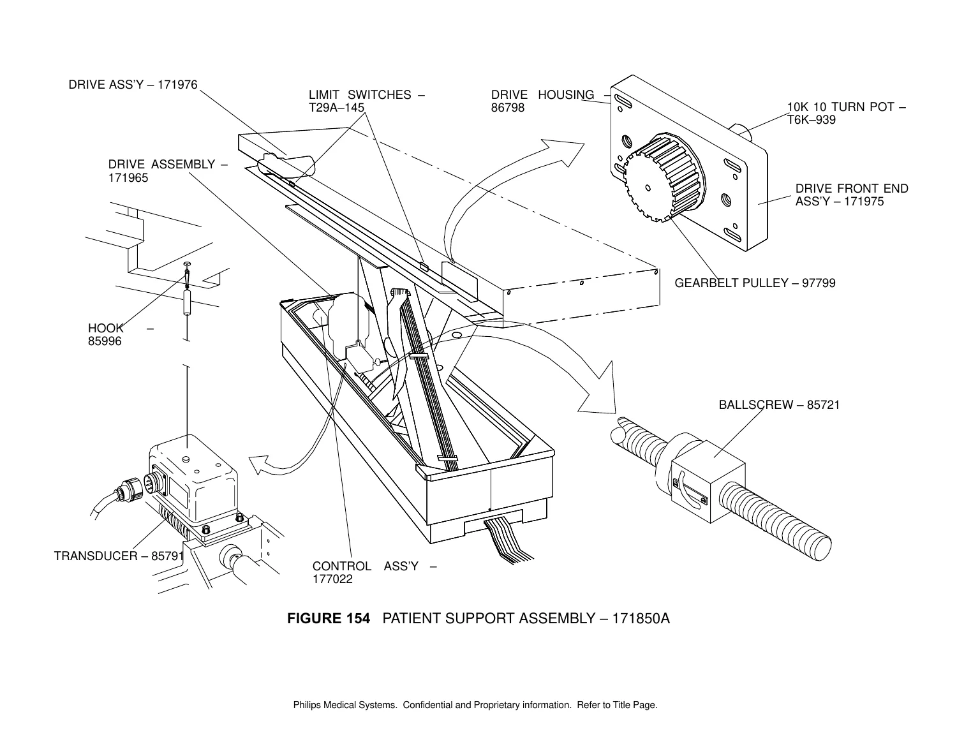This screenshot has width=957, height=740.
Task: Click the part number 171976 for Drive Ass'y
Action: tap(177, 84)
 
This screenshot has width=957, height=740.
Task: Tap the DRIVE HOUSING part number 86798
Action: tap(508, 108)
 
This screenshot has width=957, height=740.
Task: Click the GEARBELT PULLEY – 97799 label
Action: tap(755, 283)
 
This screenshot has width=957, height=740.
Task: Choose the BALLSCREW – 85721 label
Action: tap(779, 404)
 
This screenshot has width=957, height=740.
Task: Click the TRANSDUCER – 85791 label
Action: tap(119, 556)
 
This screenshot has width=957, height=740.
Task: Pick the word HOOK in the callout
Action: tap(106, 329)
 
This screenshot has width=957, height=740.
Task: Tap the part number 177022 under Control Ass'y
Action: tap(332, 579)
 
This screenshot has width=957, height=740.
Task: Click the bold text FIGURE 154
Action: tap(329, 619)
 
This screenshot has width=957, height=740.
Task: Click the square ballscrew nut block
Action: tap(708, 481)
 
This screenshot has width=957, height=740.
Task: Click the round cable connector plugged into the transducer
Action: tap(131, 489)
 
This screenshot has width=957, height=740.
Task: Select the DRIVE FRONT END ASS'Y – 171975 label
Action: tap(852, 195)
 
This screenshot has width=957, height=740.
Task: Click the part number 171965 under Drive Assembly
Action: tap(128, 178)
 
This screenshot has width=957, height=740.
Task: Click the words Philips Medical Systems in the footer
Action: tap(345, 705)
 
